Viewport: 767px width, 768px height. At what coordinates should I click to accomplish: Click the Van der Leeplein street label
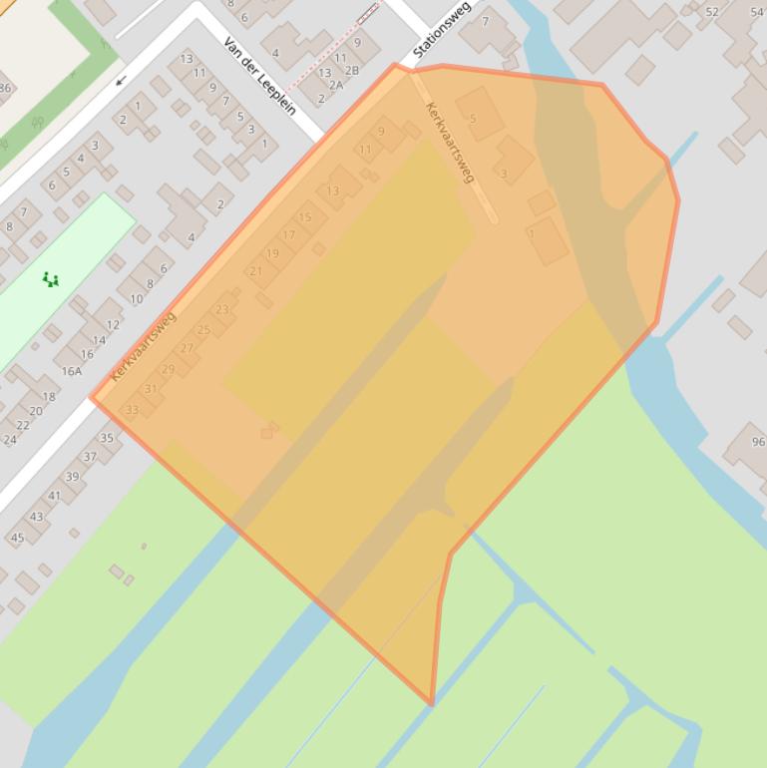coord(260,76)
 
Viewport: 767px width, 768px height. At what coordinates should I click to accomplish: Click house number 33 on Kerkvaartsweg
coord(132,410)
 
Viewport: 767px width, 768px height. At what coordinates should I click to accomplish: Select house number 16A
coord(72,371)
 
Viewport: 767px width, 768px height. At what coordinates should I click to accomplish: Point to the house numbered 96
coord(758,442)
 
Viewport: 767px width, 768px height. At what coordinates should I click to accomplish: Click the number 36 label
coord(4,88)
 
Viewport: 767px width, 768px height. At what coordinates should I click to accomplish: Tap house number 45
coord(17,538)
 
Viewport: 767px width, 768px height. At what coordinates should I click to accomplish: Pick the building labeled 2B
coord(351,71)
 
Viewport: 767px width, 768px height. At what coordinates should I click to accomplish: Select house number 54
coord(756,11)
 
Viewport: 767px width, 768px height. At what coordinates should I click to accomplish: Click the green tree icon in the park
coord(51,280)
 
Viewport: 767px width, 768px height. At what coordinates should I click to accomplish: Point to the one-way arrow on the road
coord(122,81)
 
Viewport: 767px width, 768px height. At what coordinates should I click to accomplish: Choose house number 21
coord(256,270)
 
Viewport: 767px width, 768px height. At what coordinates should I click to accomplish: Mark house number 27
coord(187,348)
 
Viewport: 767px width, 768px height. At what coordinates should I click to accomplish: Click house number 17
coord(288,235)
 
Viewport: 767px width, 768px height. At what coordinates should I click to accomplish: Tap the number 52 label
coord(711,11)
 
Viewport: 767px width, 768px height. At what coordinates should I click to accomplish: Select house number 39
coord(72,476)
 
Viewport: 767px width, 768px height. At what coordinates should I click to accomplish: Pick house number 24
coord(10,439)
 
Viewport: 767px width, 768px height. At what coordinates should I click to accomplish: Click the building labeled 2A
coord(335,85)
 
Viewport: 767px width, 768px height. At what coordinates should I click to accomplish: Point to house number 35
coord(107,438)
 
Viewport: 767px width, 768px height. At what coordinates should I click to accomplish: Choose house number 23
coord(221,309)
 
